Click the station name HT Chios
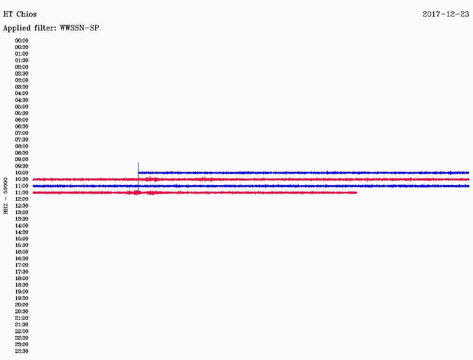[x=20, y=14]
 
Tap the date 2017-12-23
[x=446, y=14]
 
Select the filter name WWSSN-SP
[x=79, y=28]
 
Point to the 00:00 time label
[x=22, y=41]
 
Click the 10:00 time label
[x=22, y=173]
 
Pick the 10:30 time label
[x=22, y=180]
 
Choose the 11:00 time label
[x=22, y=186]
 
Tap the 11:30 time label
[x=22, y=192]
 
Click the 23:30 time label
[x=22, y=351]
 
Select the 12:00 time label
[x=22, y=199]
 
